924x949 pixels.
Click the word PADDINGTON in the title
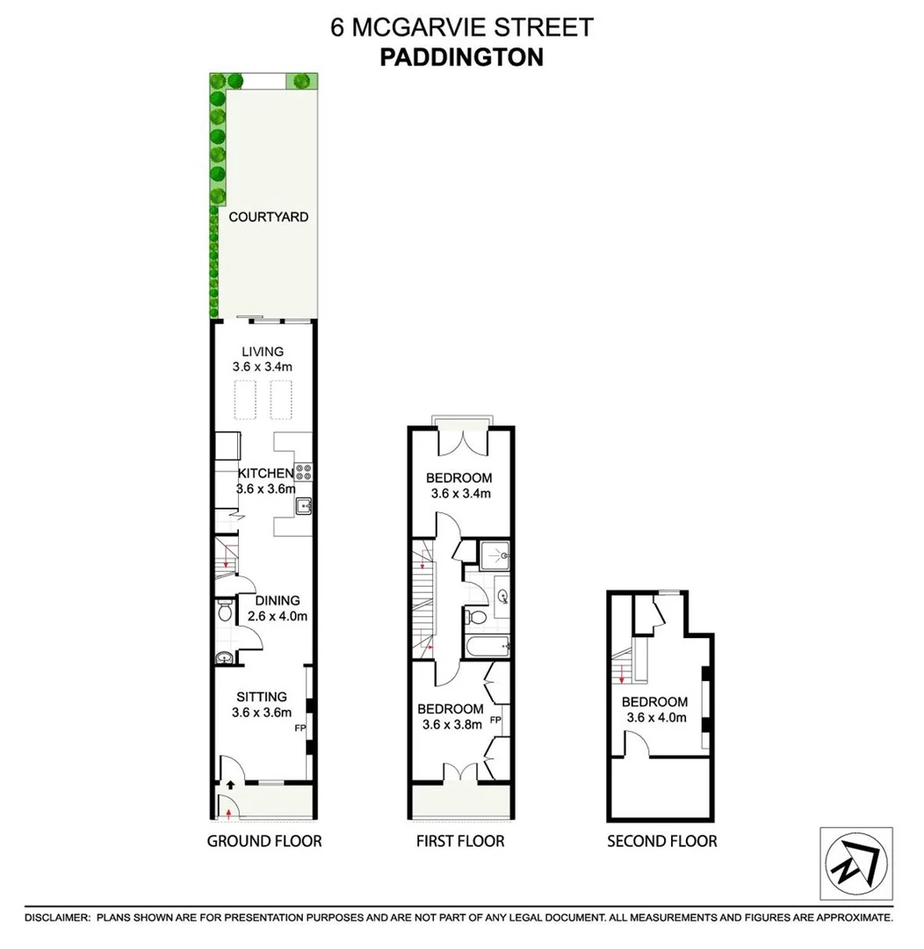(461, 57)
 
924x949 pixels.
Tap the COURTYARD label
(268, 216)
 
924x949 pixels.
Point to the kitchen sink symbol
(303, 505)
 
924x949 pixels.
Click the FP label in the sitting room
(300, 728)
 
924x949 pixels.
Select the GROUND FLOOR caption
(263, 841)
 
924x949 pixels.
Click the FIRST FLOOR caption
(460, 841)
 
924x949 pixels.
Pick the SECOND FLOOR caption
(661, 841)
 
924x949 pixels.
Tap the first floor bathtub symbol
(485, 648)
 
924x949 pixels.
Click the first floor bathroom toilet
(472, 617)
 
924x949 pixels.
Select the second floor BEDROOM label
(654, 701)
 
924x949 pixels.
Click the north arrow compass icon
(856, 863)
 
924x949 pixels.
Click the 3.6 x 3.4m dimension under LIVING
(263, 367)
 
